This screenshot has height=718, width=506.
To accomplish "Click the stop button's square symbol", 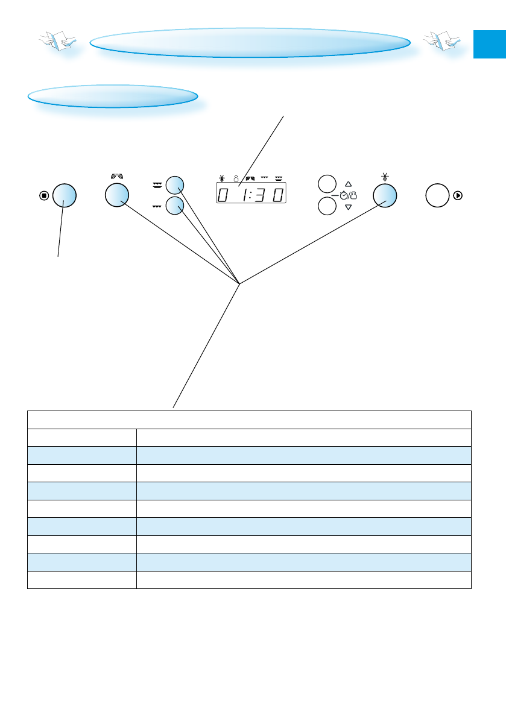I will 43,195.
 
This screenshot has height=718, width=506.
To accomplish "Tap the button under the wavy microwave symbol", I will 117,195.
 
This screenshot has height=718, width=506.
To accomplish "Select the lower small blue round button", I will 175,206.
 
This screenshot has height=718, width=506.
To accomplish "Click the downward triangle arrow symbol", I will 348,207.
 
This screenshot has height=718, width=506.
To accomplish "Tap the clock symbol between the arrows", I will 343,195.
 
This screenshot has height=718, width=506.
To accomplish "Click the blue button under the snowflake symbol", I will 385,195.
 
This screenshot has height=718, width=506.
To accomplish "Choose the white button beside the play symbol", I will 437,195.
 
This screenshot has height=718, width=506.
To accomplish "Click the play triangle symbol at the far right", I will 458,195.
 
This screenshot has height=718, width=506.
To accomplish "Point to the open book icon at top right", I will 441,42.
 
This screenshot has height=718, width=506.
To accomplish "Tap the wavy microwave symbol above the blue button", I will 117,177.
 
